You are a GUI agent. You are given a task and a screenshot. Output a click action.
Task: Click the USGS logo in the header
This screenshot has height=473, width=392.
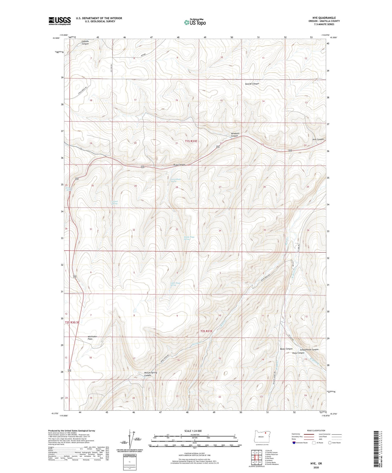coord(59,21)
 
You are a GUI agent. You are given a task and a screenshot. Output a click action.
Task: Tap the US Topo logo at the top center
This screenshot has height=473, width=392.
coord(195,22)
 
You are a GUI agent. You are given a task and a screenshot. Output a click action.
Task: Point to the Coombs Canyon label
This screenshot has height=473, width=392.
coord(85,43)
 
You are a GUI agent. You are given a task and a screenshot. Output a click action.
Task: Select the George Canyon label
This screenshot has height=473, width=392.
coord(252,84)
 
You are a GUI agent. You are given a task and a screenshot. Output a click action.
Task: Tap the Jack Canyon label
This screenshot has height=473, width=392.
coord(318,139)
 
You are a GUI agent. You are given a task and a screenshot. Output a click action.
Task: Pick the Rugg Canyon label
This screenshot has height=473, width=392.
coord(179,165)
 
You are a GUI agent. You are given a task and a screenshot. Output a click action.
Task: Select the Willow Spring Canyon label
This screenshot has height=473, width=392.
coord(150,374)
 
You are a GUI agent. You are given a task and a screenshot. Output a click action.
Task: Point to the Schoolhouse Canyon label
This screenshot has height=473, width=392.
coord(307,349)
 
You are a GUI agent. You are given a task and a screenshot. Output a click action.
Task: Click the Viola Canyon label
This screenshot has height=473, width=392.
coord(298,353)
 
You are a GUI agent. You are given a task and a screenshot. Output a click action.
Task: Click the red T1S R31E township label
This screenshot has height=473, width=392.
coord(191,141)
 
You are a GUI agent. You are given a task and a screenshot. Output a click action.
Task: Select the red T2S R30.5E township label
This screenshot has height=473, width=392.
coord(74,323)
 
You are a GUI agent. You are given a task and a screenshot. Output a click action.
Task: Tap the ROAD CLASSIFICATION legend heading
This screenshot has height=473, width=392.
coord(316,430)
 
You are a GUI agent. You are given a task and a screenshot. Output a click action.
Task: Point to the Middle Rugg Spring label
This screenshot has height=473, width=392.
coord(189,238)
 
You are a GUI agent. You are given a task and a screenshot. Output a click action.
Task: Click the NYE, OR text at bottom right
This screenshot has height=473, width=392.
coord(316,464)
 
